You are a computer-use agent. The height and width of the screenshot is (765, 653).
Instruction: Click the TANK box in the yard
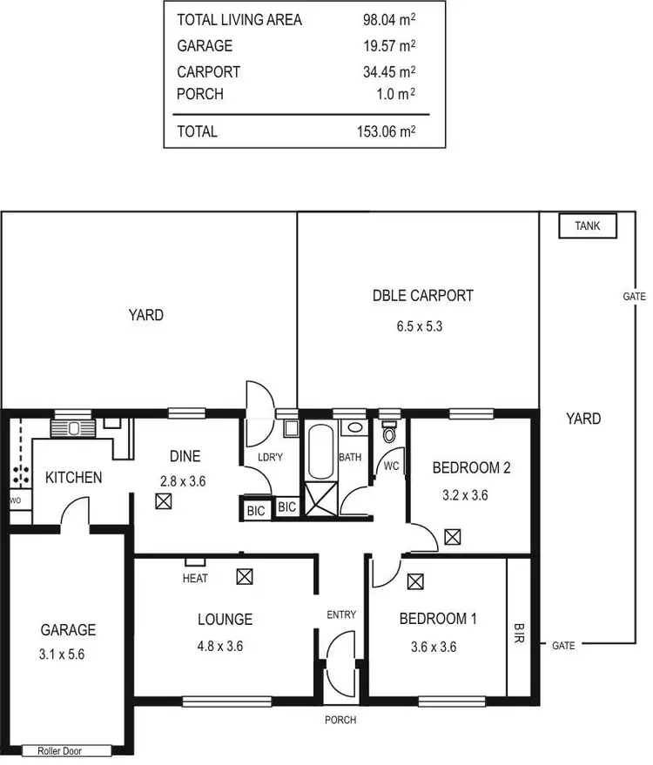(x=588, y=226)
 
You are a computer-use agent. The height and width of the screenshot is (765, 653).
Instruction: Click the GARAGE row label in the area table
(x=205, y=45)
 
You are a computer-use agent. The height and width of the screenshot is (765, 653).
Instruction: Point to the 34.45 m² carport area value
(x=388, y=71)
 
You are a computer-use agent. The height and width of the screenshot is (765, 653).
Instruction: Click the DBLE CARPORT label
(x=423, y=296)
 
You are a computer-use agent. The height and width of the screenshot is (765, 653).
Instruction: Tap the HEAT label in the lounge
(x=194, y=578)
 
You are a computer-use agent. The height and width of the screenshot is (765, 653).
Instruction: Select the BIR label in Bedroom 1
(x=520, y=631)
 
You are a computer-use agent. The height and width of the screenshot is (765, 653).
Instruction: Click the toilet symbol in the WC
(x=388, y=433)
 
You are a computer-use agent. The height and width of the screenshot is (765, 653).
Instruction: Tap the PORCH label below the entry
(x=340, y=720)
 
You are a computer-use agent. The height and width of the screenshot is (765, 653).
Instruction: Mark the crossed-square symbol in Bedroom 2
(x=452, y=537)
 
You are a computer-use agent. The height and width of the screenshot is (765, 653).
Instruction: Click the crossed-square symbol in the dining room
(x=163, y=501)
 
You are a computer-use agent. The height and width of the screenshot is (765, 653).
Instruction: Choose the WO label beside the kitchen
(x=15, y=500)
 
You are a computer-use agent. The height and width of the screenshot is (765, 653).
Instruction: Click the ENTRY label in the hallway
(x=341, y=614)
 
